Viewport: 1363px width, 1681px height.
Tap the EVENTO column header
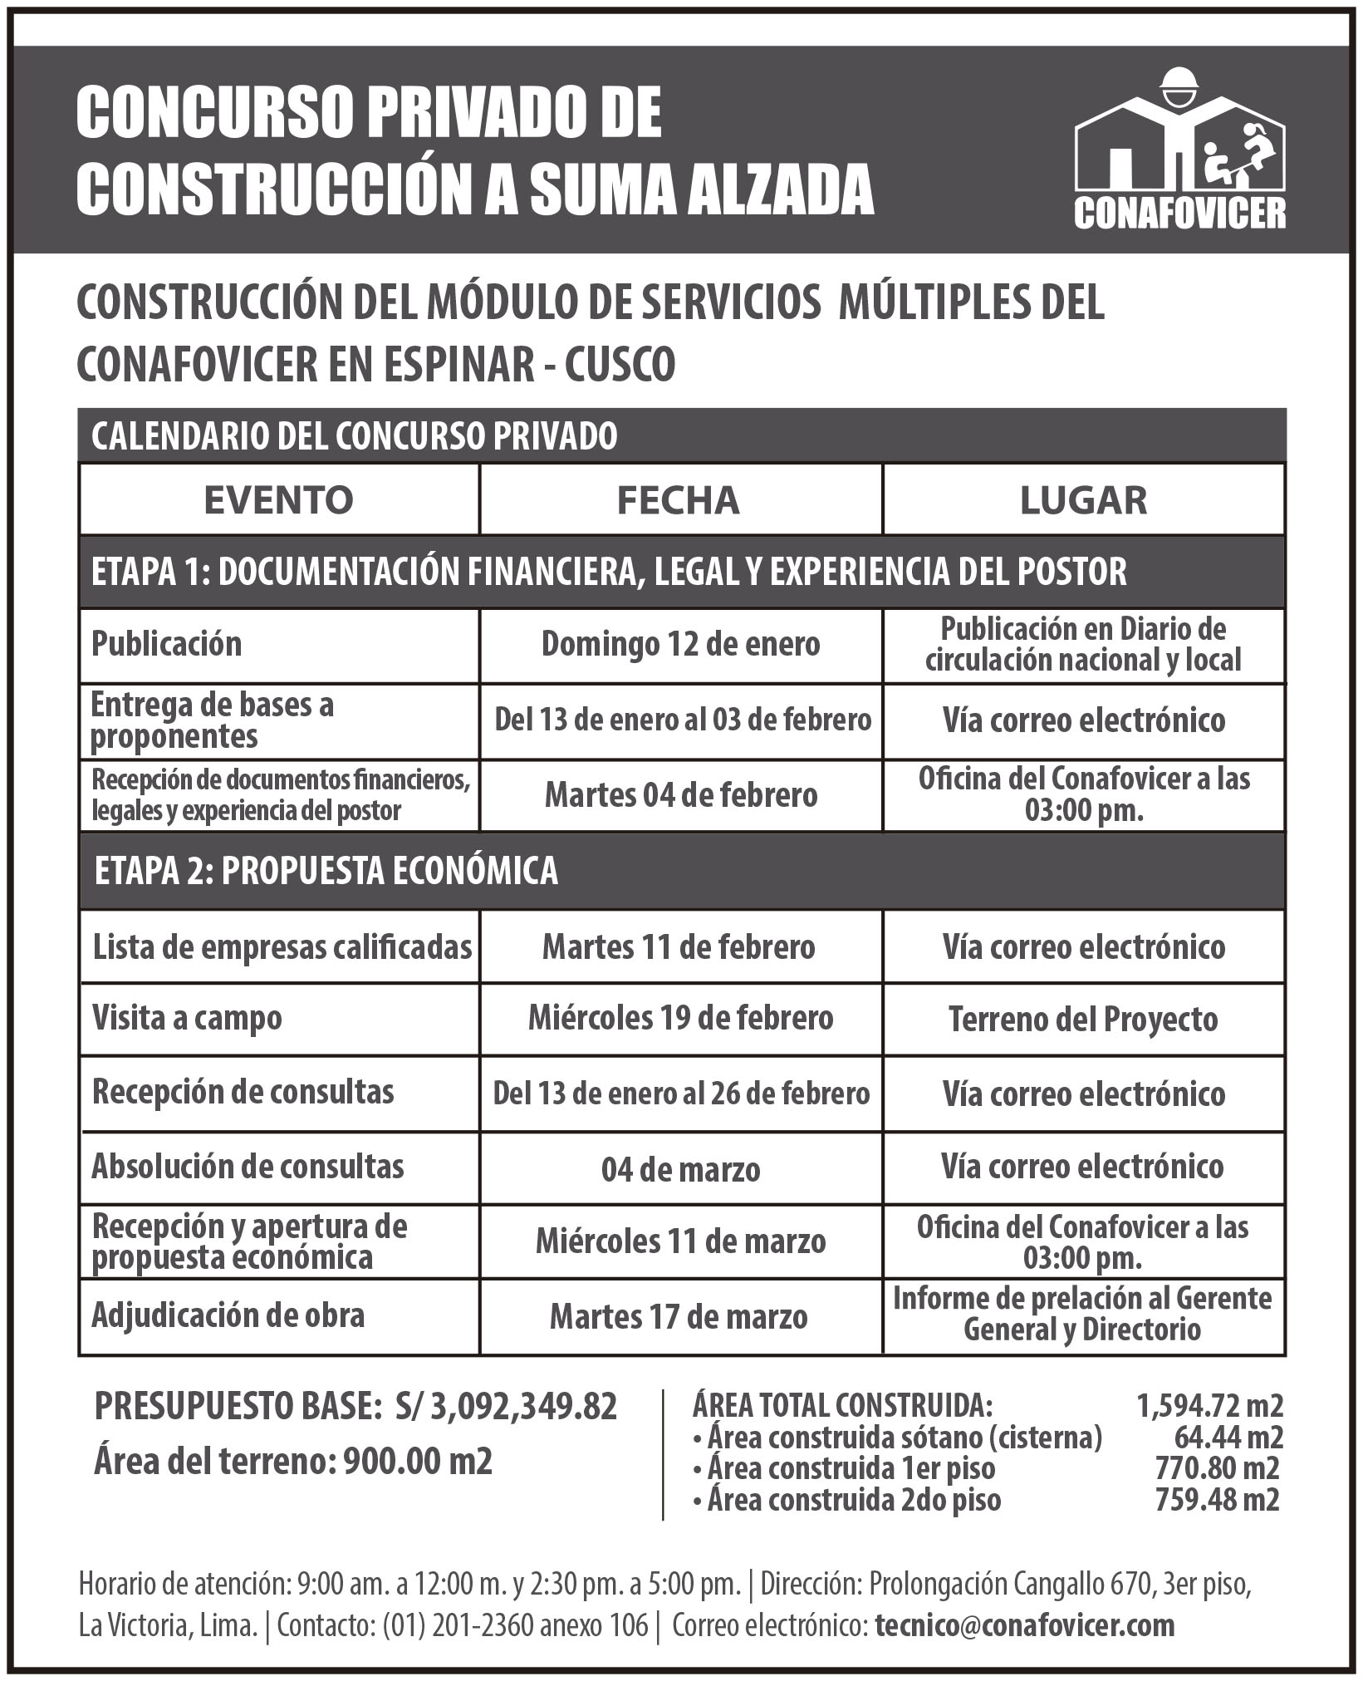click(279, 500)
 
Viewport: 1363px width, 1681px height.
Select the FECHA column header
click(678, 500)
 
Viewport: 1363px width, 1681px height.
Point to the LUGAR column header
click(1083, 500)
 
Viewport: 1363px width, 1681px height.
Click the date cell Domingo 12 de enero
click(680, 645)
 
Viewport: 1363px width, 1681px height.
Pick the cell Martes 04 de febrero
click(681, 796)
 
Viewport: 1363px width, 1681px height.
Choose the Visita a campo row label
click(187, 1019)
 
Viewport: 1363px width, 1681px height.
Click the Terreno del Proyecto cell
click(1083, 1020)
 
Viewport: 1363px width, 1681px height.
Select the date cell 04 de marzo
click(680, 1170)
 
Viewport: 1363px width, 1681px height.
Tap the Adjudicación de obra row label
click(228, 1315)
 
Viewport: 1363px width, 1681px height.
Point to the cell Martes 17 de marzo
click(679, 1317)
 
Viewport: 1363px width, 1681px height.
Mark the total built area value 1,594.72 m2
click(1209, 1406)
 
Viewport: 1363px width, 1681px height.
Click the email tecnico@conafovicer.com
click(1025, 1626)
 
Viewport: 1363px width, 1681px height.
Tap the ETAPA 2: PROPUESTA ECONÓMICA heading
click(326, 871)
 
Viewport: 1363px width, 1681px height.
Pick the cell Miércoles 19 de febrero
click(680, 1019)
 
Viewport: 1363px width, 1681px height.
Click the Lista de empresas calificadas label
click(282, 946)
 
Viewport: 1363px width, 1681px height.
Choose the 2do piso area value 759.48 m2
click(1217, 1500)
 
